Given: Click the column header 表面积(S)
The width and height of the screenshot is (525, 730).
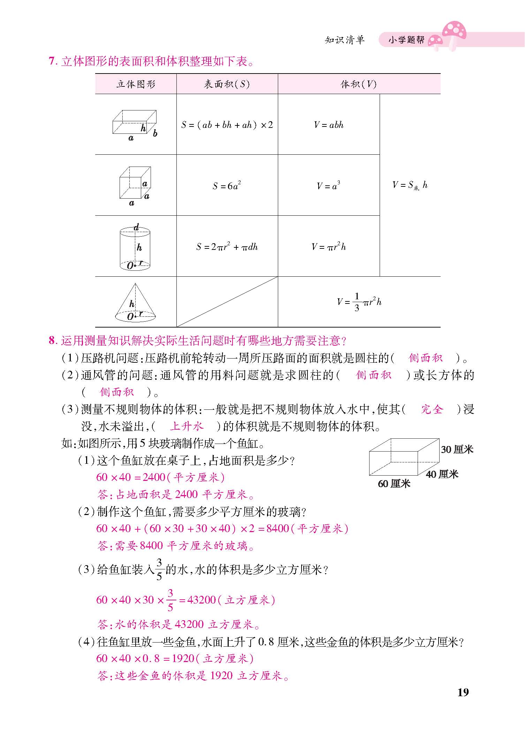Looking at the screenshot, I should click(x=227, y=84).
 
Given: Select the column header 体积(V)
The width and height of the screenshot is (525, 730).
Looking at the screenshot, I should click(x=359, y=84).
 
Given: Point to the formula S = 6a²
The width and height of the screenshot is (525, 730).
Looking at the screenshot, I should click(x=227, y=185).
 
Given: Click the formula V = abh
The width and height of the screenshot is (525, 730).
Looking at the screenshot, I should click(x=329, y=125).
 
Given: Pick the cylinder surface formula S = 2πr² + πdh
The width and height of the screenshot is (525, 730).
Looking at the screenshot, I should click(x=227, y=247).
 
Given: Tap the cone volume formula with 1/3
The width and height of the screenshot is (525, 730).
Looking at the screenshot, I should click(x=359, y=302).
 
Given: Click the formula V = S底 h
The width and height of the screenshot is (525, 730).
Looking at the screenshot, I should click(x=410, y=185).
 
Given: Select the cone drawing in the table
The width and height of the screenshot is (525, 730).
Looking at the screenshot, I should click(x=135, y=302).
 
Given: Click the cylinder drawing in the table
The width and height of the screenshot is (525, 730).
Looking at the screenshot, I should click(x=135, y=247).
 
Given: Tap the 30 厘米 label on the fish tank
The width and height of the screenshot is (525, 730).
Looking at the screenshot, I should click(x=457, y=449).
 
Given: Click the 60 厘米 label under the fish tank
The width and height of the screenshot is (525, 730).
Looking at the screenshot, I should click(x=394, y=484).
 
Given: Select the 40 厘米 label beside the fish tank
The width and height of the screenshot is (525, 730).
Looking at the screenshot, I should click(x=442, y=474).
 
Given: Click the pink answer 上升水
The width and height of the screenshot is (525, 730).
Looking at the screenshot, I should click(x=187, y=426).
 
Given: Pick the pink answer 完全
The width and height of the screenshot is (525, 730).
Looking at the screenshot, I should click(x=432, y=409).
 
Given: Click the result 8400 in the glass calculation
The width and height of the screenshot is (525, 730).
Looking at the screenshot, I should click(x=278, y=529).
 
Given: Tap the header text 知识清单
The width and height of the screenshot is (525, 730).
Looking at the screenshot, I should click(x=344, y=40).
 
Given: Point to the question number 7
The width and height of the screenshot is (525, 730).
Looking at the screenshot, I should click(x=52, y=61).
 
